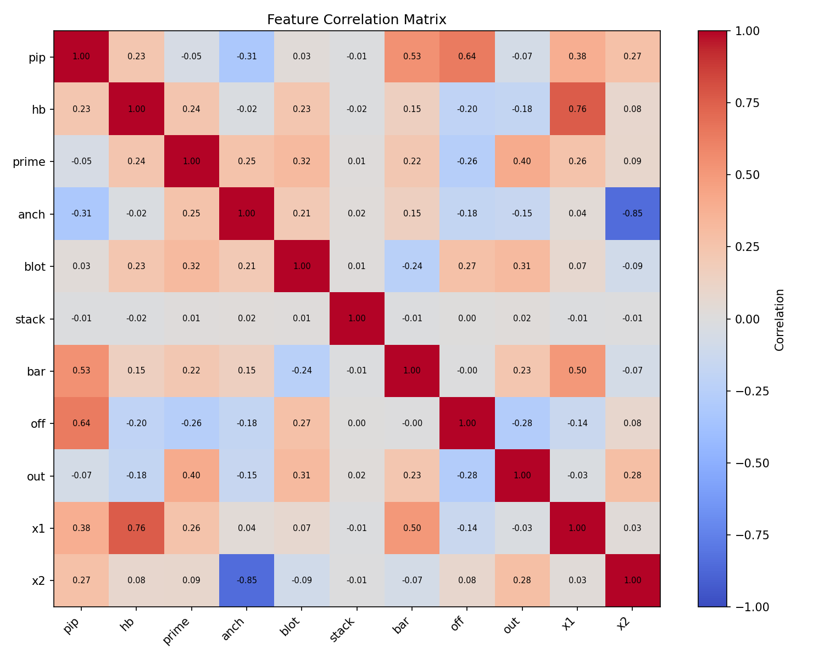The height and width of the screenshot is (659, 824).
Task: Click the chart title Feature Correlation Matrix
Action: pos(357,20)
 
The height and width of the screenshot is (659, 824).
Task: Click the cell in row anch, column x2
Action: pos(632,214)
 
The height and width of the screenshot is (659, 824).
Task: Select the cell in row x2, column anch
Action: pos(247,580)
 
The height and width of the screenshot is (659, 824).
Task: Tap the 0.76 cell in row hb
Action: pos(577,109)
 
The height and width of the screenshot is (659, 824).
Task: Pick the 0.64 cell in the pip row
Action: pos(467,57)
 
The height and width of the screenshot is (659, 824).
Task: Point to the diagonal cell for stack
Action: pos(357,319)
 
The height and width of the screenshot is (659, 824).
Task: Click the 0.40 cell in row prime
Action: pos(522,161)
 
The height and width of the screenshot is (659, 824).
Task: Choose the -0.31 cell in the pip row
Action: pos(247,57)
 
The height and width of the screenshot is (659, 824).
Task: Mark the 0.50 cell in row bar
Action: pos(577,371)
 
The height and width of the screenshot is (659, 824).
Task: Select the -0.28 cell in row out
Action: pos(467,476)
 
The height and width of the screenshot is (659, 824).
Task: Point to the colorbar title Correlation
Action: pos(780,319)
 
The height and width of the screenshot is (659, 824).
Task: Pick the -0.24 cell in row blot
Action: pos(412,266)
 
